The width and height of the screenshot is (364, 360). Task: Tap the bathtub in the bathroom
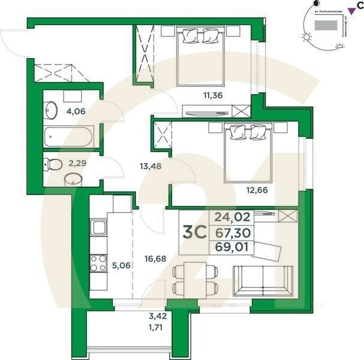point(70,137)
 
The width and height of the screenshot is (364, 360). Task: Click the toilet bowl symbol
point(53,164)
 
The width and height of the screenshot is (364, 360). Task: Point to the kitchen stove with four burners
point(98,265)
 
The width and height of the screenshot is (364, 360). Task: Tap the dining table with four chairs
point(192,279)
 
